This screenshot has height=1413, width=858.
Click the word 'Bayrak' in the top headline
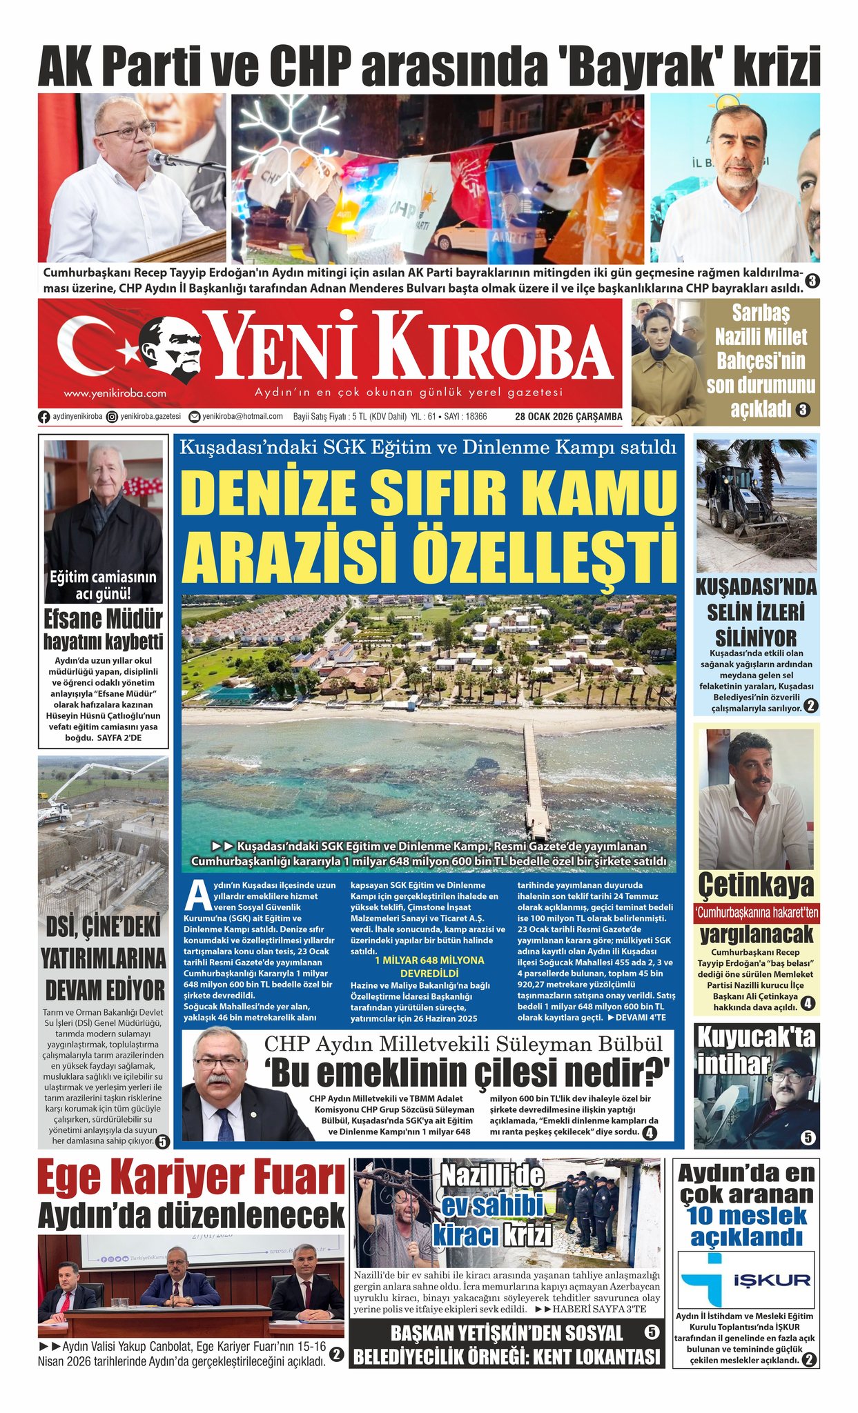point(637,67)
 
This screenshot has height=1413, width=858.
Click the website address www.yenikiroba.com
point(115,393)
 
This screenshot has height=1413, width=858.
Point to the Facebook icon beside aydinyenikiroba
point(44,417)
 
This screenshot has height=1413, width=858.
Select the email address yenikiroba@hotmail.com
point(242,417)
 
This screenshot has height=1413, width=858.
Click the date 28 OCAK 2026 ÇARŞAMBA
point(568,417)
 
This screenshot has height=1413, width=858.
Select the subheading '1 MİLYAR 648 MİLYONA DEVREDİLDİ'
point(429,965)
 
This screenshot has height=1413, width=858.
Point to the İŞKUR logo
point(746,1280)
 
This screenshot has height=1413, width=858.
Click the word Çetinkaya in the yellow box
point(756,886)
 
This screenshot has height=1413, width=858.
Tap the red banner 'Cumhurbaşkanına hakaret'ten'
point(757,913)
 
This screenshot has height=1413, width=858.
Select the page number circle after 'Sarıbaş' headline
point(803,410)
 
